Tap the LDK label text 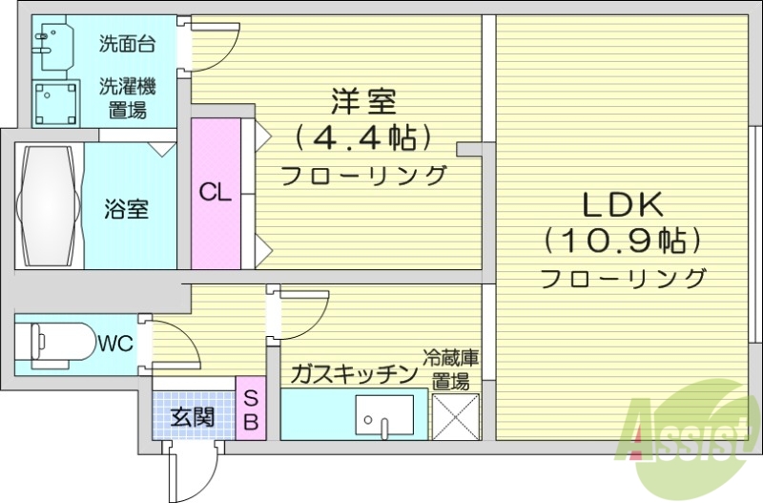pyautogui.click(x=623, y=204)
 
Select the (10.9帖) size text pyautogui.click(x=623, y=241)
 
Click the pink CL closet pyautogui.click(x=216, y=193)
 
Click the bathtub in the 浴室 pyautogui.click(x=48, y=206)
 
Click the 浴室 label pyautogui.click(x=127, y=208)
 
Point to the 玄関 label pyautogui.click(x=192, y=417)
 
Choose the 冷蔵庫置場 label pyautogui.click(x=453, y=370)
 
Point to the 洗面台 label pyautogui.click(x=127, y=43)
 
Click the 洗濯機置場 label pyautogui.click(x=127, y=97)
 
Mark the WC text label pyautogui.click(x=115, y=342)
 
